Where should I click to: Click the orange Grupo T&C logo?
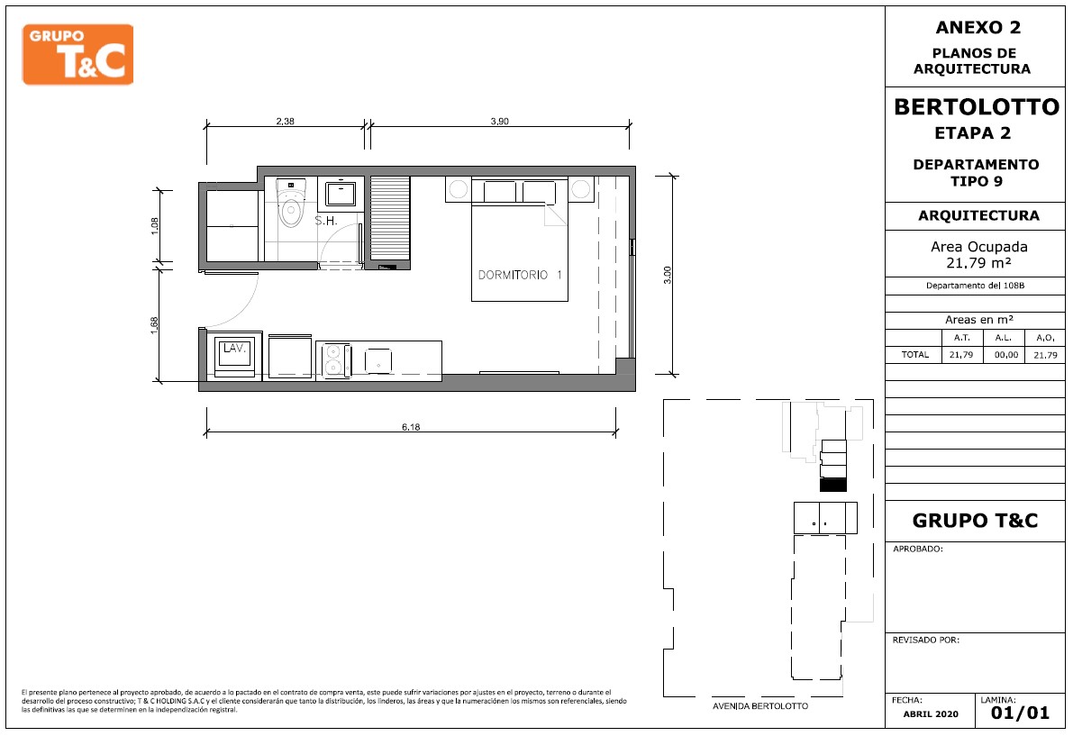(x=78, y=55)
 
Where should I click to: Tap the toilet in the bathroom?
(x=291, y=203)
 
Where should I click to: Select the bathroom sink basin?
(x=341, y=194)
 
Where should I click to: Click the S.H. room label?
(x=326, y=221)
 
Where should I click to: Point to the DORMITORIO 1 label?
(x=520, y=275)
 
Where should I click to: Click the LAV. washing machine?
(x=235, y=356)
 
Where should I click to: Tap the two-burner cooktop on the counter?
(x=334, y=359)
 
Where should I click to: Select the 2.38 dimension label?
(x=286, y=121)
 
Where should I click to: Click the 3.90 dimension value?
(x=499, y=121)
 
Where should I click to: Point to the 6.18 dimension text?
(x=411, y=427)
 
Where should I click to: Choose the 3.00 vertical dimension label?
(x=668, y=275)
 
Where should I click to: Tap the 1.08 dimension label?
(x=155, y=226)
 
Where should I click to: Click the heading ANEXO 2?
(x=978, y=27)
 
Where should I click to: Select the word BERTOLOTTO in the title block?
(x=977, y=106)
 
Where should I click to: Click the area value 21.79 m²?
(x=978, y=263)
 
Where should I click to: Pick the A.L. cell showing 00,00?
(x=1006, y=355)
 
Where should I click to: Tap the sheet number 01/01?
(x=1020, y=713)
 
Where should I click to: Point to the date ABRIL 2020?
(x=931, y=714)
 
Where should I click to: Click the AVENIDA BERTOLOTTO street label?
(x=760, y=706)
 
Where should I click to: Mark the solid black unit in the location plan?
(x=832, y=485)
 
